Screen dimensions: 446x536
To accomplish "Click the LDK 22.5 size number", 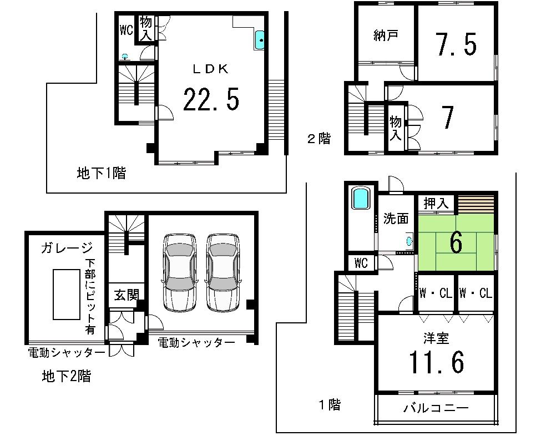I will pyautogui.click(x=211, y=100).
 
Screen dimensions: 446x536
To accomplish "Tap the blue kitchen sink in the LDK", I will pyautogui.click(x=260, y=40).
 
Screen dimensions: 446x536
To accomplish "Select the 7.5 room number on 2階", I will pyautogui.click(x=456, y=44).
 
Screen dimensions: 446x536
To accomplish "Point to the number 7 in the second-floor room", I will pyautogui.click(x=448, y=117).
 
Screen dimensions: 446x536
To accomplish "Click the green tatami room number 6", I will pyautogui.click(x=456, y=243).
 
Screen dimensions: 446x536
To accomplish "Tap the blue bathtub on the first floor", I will pyautogui.click(x=361, y=198).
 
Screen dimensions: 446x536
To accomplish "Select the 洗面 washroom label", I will pyautogui.click(x=396, y=219).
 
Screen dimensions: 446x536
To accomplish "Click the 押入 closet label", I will pyautogui.click(x=436, y=204).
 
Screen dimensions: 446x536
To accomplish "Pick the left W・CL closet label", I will pyautogui.click(x=436, y=293).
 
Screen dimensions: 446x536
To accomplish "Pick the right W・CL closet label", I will pyautogui.click(x=476, y=293).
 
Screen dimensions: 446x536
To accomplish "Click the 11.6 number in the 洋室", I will pyautogui.click(x=436, y=362).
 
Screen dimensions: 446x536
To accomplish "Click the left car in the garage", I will pyautogui.click(x=179, y=271).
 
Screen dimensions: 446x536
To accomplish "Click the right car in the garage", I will pyautogui.click(x=223, y=271).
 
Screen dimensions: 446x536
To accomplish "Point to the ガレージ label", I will pyautogui.click(x=66, y=247).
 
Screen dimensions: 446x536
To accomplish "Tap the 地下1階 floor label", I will pyautogui.click(x=101, y=174).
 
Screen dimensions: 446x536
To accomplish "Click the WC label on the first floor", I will pyautogui.click(x=361, y=263).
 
